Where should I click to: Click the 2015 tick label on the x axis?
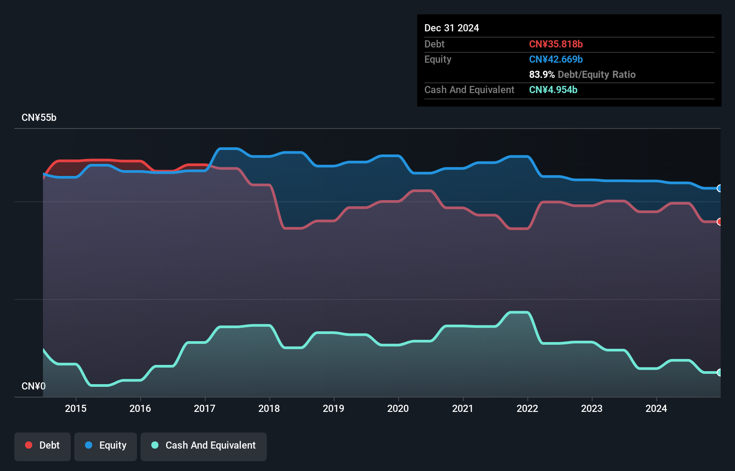pos(76,408)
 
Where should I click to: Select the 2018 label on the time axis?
pos(269,408)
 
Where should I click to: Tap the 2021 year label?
pos(462,408)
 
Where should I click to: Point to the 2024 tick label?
pos(656,408)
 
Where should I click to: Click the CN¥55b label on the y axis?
pos(39,118)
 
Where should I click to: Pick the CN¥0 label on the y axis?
pos(34,386)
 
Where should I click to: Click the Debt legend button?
pos(43,445)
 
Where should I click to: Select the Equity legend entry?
pos(106,445)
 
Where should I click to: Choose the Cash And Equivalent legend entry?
pos(204,445)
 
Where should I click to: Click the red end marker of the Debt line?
pos(719,222)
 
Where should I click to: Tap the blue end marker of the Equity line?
pos(719,188)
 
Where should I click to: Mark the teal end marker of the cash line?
pos(719,373)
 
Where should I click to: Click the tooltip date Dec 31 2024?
pos(452,28)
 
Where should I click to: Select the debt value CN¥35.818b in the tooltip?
pos(556,44)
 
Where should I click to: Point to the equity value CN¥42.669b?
pos(556,60)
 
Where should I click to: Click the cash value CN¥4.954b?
pos(553,90)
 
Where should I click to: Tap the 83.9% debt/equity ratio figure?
pos(542,75)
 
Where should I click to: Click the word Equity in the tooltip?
pos(438,60)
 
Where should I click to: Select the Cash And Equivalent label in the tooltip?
pos(469,90)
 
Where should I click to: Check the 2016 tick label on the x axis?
pos(140,408)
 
